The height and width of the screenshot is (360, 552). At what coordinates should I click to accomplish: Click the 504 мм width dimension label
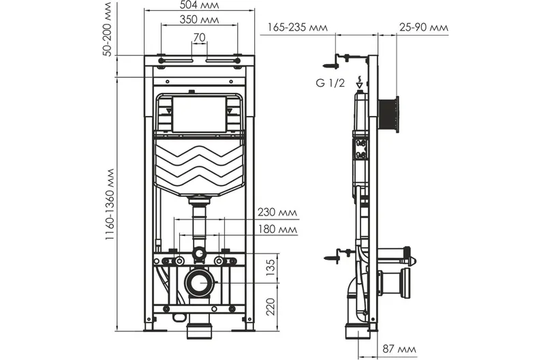click(199, 5)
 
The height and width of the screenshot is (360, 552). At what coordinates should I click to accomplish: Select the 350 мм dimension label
click(199, 19)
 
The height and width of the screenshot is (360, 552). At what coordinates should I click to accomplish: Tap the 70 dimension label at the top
click(199, 37)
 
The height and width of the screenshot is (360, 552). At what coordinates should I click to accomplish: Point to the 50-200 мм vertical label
click(108, 29)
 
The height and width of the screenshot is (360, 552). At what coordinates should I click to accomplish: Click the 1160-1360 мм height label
click(110, 205)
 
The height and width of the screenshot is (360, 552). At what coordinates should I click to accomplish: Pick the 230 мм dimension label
click(277, 212)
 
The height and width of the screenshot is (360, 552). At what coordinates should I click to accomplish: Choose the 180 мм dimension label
click(277, 229)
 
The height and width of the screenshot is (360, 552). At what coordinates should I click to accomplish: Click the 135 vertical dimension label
click(270, 268)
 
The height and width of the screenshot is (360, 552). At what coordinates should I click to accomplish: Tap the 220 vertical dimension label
click(270, 307)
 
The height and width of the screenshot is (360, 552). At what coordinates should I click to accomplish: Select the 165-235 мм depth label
click(298, 27)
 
